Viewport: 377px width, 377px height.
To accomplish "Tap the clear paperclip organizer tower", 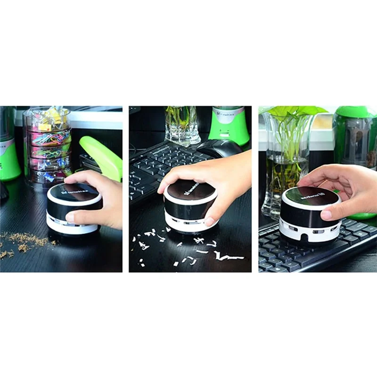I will pos(48,147).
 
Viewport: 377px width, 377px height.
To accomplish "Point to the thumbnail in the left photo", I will pos(70,218).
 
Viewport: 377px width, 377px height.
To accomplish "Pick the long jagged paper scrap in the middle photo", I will pos(229,257).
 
